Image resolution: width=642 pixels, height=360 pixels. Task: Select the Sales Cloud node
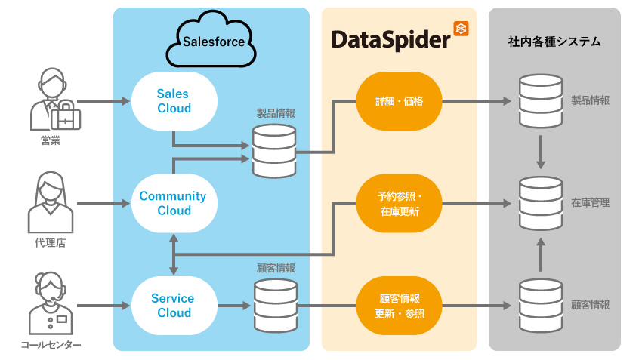click(x=174, y=101)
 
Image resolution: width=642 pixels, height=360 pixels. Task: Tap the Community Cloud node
click(x=174, y=203)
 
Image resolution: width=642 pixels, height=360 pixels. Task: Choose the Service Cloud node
click(x=174, y=305)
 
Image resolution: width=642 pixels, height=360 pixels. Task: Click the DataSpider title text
click(x=390, y=40)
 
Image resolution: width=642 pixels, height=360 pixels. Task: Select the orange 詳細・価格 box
click(x=398, y=100)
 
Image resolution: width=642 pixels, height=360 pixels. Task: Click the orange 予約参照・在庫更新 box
click(x=398, y=204)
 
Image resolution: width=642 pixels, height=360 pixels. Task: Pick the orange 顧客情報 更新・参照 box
click(x=398, y=305)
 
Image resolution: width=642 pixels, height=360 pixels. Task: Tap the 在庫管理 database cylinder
click(x=541, y=204)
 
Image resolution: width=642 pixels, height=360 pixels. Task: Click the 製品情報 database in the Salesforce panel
click(x=273, y=151)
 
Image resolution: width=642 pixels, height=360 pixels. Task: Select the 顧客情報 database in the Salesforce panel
click(x=274, y=305)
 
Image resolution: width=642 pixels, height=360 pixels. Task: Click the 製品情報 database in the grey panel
click(x=541, y=101)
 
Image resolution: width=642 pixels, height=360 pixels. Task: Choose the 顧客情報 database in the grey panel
click(x=541, y=305)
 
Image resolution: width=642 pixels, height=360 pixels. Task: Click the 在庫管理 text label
click(x=590, y=203)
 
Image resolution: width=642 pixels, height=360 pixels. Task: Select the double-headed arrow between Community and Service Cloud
click(x=174, y=254)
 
